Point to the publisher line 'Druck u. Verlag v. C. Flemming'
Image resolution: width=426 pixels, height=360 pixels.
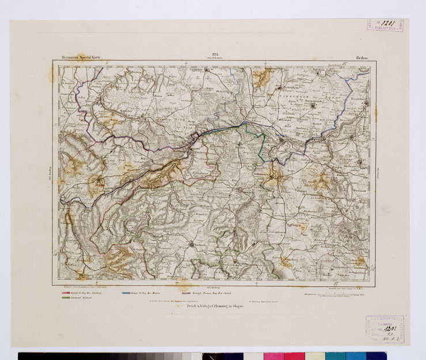tap(210, 307)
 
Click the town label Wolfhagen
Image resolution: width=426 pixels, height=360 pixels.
tap(295, 220)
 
